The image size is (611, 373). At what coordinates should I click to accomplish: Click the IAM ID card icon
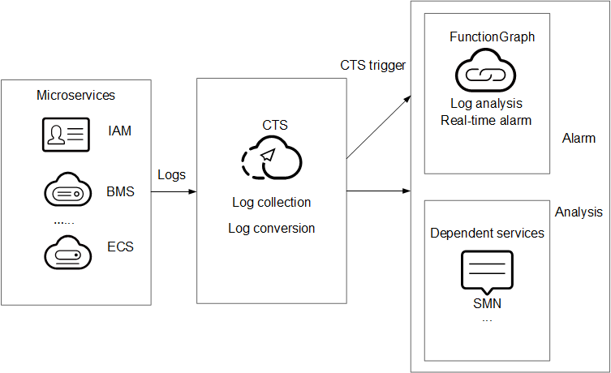[66, 135]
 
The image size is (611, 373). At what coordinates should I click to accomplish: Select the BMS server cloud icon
[66, 193]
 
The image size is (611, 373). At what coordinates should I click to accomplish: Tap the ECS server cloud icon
[66, 252]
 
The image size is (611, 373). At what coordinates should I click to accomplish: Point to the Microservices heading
[75, 96]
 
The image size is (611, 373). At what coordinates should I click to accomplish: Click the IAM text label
[119, 130]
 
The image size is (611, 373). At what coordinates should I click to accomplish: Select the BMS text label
[121, 193]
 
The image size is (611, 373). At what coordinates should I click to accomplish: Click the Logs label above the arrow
[171, 174]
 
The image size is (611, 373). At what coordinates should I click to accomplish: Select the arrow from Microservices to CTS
[174, 192]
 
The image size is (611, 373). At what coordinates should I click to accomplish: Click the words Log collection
[271, 202]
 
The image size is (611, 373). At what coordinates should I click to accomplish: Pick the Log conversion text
[271, 228]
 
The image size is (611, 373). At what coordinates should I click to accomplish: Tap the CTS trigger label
[372, 65]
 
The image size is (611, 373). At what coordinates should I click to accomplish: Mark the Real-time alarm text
[486, 120]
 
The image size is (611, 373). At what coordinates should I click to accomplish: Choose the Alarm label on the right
[579, 139]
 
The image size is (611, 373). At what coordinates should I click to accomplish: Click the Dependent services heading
[487, 234]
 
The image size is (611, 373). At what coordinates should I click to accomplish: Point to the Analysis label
[579, 212]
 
